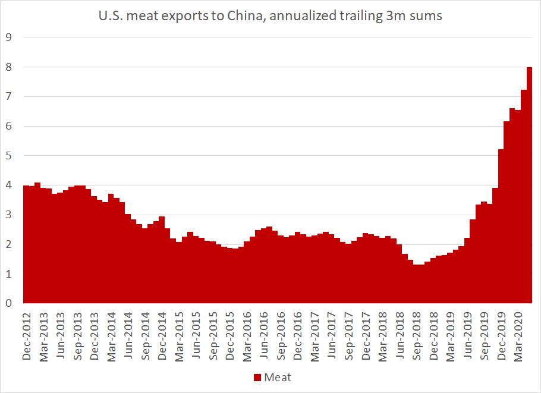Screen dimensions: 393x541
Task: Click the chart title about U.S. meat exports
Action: (x=270, y=17)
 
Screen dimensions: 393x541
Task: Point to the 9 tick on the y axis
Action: (x=9, y=37)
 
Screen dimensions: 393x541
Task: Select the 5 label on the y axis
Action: (x=9, y=156)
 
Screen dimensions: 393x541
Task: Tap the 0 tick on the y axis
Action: (x=9, y=304)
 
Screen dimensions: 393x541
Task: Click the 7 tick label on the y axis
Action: (x=9, y=96)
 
